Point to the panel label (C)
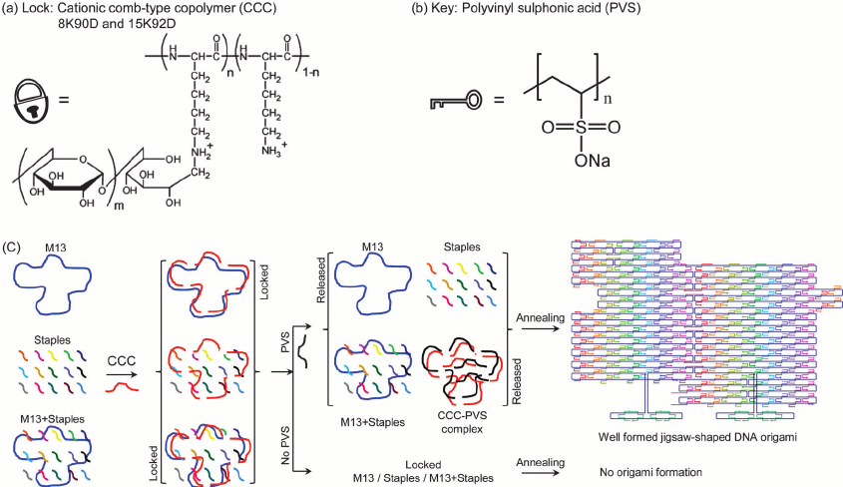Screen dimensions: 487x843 (12, 245)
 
